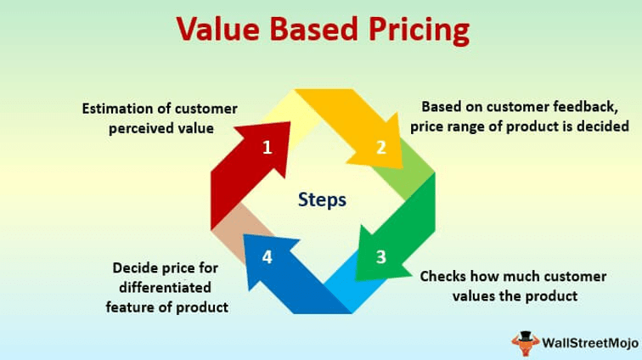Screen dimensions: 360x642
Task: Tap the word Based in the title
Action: click(x=312, y=31)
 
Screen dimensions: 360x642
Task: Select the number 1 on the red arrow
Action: click(x=267, y=148)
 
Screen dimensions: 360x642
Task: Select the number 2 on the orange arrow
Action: click(x=381, y=148)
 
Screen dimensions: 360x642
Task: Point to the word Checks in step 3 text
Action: click(x=443, y=277)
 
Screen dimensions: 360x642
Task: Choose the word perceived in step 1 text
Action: click(x=145, y=127)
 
